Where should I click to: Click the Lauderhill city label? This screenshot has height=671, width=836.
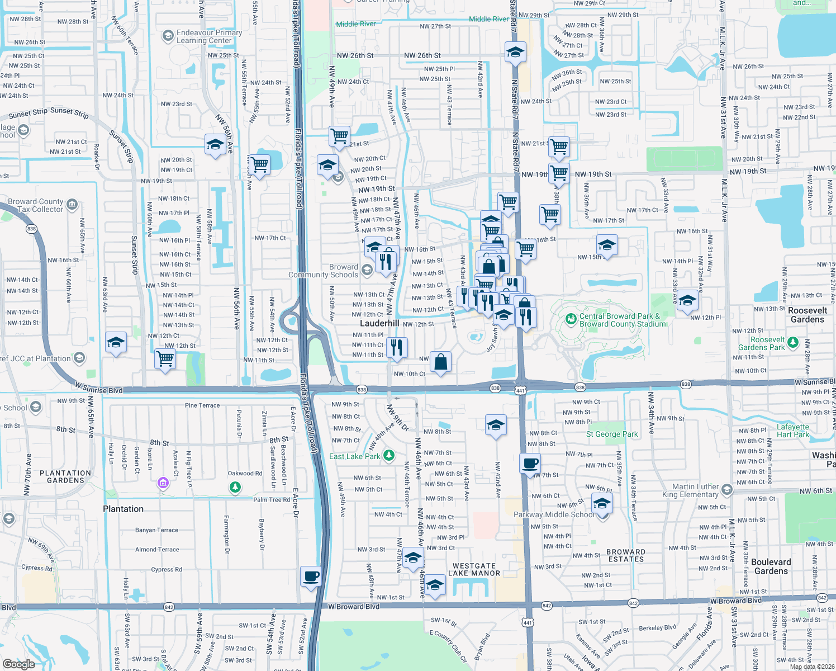(x=379, y=323)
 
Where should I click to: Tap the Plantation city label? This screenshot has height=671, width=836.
(x=123, y=509)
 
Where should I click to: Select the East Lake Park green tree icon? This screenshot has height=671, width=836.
(x=389, y=456)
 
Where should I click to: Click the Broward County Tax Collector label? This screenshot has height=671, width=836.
(x=36, y=205)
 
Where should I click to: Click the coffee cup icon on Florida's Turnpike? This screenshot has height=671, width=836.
(x=311, y=576)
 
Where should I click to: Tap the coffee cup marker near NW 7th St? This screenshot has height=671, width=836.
(x=530, y=463)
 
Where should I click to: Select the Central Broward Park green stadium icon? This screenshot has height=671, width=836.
(x=571, y=319)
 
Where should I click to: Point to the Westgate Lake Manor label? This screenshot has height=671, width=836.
(x=474, y=569)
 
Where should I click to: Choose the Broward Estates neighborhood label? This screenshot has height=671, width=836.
(x=626, y=555)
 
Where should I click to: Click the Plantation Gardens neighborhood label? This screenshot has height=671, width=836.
(x=65, y=476)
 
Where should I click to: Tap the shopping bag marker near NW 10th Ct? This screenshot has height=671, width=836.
(x=440, y=362)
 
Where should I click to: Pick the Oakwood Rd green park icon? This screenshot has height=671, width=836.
(x=235, y=488)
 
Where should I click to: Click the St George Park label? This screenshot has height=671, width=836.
(x=612, y=434)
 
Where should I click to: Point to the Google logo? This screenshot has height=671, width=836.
(x=18, y=664)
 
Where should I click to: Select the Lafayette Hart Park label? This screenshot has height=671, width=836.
(x=792, y=431)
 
